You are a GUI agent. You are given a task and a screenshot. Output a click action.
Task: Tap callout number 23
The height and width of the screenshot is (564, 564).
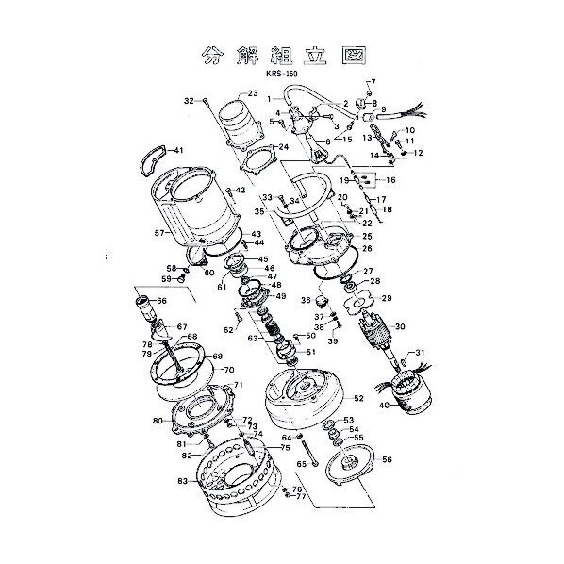pos(252,93)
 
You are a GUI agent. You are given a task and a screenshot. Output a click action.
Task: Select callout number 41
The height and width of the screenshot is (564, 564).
pos(179,151)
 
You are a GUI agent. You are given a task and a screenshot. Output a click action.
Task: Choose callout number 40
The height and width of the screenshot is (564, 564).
pos(383,406)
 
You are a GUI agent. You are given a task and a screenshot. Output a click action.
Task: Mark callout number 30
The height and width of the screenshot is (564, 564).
pos(399,326)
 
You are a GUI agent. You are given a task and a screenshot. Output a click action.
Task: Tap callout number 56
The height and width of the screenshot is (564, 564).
pos(387,461)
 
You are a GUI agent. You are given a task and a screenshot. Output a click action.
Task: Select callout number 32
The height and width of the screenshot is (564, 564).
pos(189,100)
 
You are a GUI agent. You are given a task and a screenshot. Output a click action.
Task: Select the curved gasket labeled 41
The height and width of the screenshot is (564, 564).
pos(154,160)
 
